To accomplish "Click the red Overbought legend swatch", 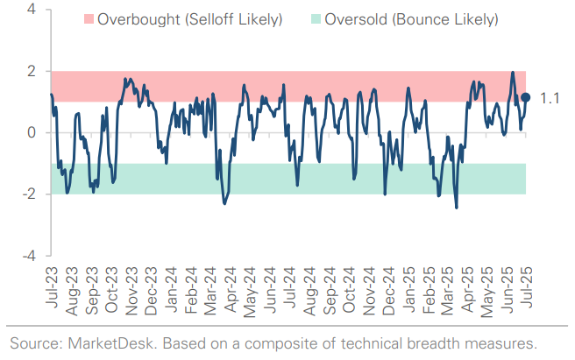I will (x=88, y=19).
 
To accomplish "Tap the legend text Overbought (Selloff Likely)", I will (x=189, y=19).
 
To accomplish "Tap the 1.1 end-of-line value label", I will (x=550, y=99).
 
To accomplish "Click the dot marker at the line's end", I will (x=526, y=98).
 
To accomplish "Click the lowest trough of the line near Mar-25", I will (x=457, y=208).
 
